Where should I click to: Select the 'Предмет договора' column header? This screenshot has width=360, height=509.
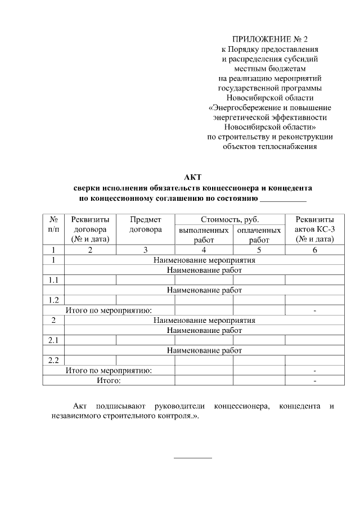point(145,224)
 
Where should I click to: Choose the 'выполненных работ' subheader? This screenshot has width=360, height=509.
point(203,235)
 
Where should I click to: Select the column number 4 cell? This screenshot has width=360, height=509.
point(204,250)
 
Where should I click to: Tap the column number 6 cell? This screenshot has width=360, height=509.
point(314,250)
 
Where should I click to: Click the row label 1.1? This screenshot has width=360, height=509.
point(53,280)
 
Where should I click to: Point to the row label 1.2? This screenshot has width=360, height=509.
point(53,300)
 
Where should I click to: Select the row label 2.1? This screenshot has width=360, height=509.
point(53,340)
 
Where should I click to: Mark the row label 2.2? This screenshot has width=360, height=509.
point(53,360)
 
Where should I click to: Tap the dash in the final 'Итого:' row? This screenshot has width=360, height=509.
point(314,381)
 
